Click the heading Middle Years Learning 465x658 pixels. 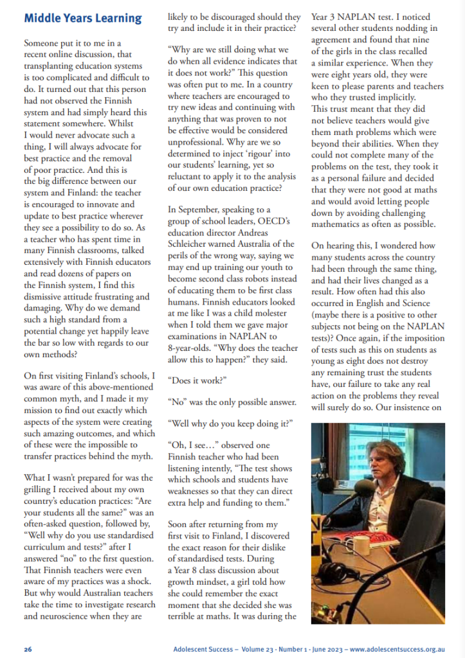(83, 19)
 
